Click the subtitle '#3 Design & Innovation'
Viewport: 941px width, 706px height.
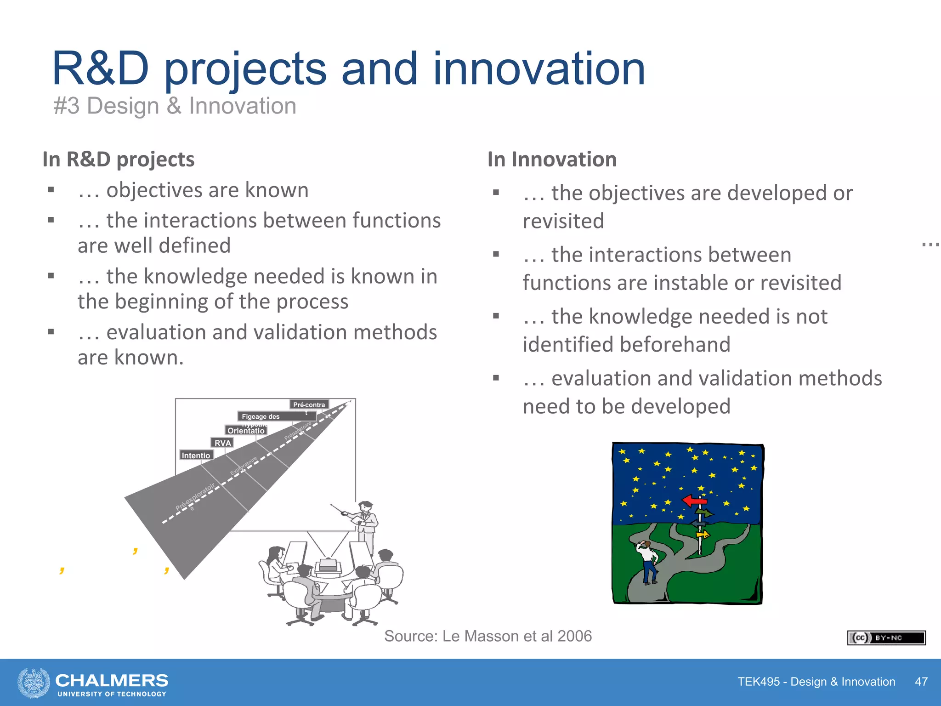tap(175, 106)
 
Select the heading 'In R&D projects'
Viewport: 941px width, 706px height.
tap(118, 159)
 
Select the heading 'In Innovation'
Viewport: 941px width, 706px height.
tap(551, 159)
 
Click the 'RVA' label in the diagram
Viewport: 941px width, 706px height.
tap(222, 443)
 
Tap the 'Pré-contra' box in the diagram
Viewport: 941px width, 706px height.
tap(309, 404)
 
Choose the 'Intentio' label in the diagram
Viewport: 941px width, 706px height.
tap(196, 455)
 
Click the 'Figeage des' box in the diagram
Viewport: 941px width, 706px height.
tap(261, 416)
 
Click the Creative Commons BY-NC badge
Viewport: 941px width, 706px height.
tap(886, 638)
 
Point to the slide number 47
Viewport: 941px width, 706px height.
tap(921, 682)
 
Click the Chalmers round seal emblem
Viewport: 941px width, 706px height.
tap(34, 683)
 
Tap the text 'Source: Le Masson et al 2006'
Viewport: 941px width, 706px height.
tap(488, 636)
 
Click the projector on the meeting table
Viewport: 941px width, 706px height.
tap(328, 565)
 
